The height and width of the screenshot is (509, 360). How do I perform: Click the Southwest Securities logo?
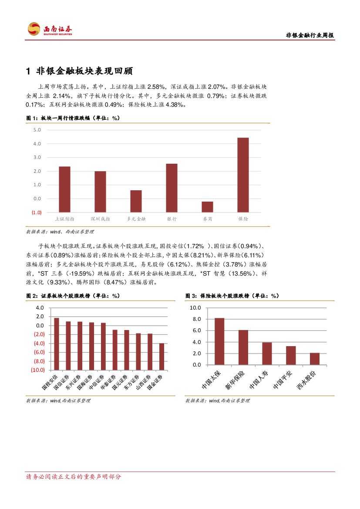pyautogui.click(x=50, y=29)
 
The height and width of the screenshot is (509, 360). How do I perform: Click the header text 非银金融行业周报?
pyautogui.click(x=310, y=36)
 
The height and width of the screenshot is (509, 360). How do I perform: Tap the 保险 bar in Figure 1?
pyautogui.click(x=243, y=175)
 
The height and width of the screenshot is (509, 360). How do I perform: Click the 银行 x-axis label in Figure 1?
pyautogui.click(x=172, y=219)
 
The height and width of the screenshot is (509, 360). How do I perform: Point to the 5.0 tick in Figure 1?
pyautogui.click(x=37, y=130)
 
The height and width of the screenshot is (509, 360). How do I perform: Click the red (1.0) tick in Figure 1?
pyautogui.click(x=36, y=212)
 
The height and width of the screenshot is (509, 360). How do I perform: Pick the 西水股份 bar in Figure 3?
pyautogui.click(x=314, y=359)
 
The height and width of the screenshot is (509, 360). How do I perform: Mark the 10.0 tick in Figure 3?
pyautogui.click(x=195, y=307)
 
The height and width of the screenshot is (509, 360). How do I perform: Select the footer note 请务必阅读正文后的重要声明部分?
pyautogui.click(x=74, y=477)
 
